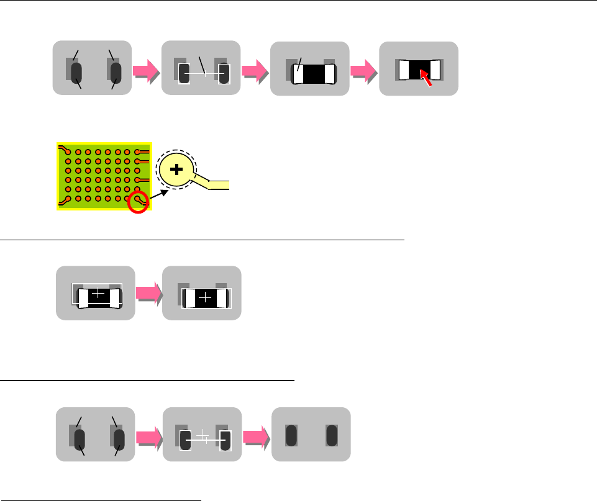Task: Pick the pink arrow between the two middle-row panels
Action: [x=148, y=294]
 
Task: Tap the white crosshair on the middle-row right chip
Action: [x=206, y=299]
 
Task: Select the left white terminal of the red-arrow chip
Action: [x=402, y=70]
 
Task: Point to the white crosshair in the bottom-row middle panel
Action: [x=203, y=436]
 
